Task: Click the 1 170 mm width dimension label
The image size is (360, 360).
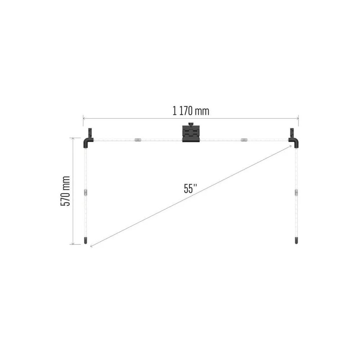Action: click(191, 111)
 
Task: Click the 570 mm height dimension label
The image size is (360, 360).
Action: click(65, 191)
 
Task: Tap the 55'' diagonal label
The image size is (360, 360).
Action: click(190, 189)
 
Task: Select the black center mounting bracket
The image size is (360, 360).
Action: click(191, 134)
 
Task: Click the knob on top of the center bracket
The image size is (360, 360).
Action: click(191, 124)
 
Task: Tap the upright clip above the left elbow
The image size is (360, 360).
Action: click(90, 133)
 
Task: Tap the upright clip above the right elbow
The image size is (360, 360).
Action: click(292, 133)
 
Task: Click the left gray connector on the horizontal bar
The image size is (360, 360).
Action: click(138, 140)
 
